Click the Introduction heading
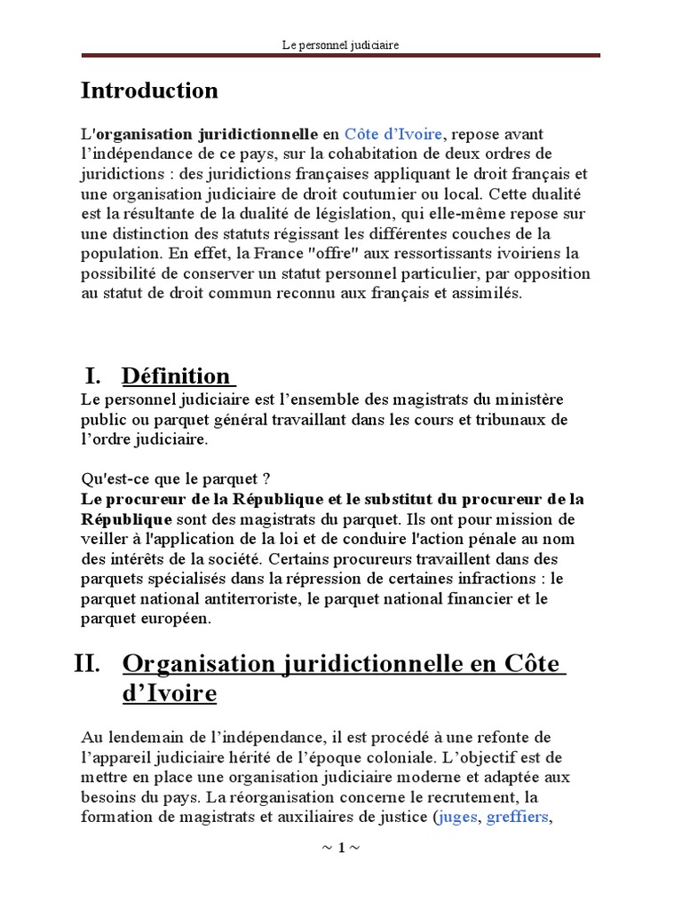pyautogui.click(x=149, y=91)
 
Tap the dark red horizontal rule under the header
pyautogui.click(x=340, y=57)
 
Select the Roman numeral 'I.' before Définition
pyautogui.click(x=95, y=375)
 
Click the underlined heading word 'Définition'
pyautogui.click(x=175, y=375)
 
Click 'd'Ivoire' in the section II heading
pyautogui.click(x=169, y=693)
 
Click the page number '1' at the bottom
pyautogui.click(x=340, y=848)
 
